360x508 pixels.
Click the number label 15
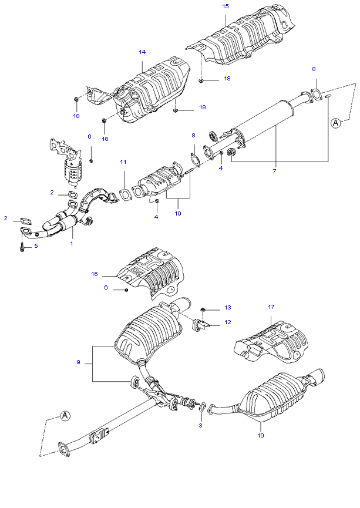click(226, 6)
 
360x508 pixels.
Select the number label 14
click(142, 52)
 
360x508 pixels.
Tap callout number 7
click(274, 171)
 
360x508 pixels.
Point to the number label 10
click(261, 435)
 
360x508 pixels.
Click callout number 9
click(78, 362)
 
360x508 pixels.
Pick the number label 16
click(94, 274)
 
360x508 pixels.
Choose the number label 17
click(271, 307)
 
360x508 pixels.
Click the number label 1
click(72, 242)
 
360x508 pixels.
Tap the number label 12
click(228, 322)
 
